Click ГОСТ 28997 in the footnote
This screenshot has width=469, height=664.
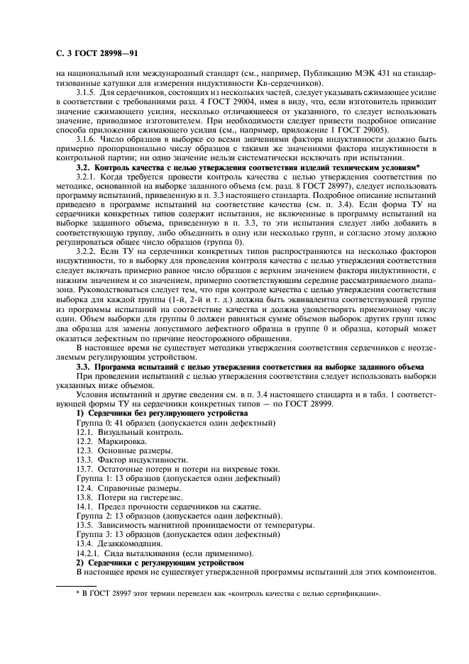pos(106,593)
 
